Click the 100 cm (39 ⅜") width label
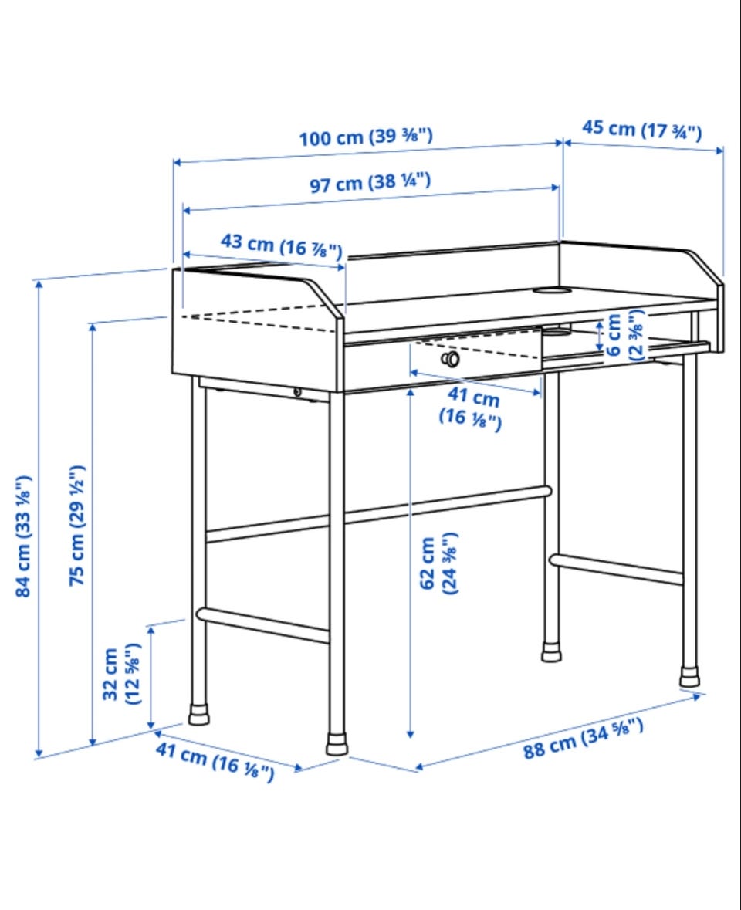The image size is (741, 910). coord(366,137)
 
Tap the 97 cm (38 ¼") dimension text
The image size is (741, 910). coord(370,182)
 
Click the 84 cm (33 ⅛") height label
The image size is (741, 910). coord(23,536)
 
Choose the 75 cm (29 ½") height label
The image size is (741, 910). coord(77,525)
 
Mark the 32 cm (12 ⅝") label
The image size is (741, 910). coord(121,674)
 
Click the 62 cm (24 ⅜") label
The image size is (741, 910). coord(438,563)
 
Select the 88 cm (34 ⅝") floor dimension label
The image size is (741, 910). coord(584,738)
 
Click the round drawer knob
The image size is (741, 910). coord(450,359)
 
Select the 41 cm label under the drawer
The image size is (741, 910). coord(471,408)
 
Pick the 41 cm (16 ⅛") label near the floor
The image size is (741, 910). coord(215,762)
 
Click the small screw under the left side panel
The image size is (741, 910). coord(297,392)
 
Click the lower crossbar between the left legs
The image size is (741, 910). coord(263,624)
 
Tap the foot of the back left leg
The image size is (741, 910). coord(198,715)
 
